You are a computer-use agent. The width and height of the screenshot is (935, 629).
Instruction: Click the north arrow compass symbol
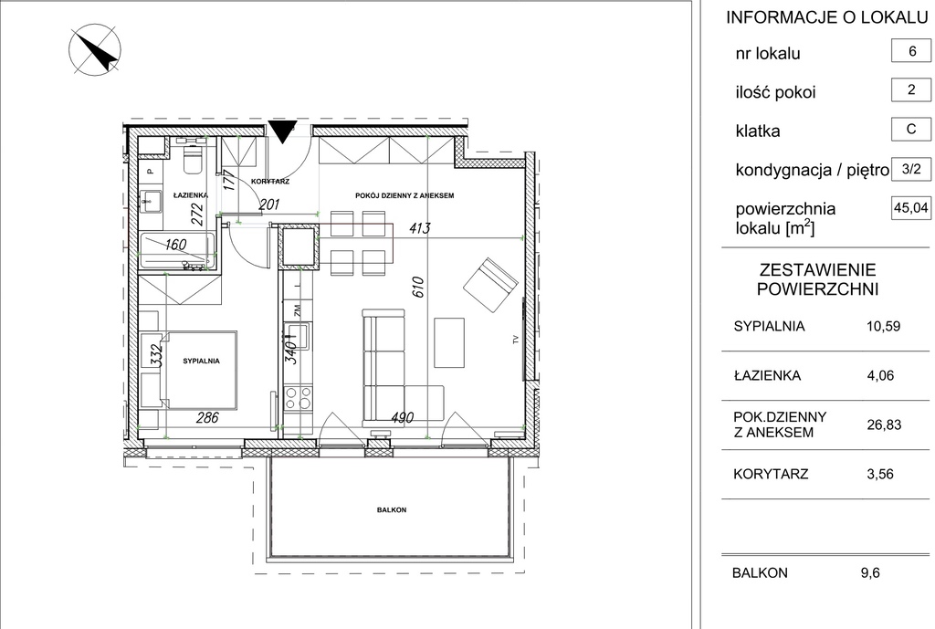(x=95, y=49)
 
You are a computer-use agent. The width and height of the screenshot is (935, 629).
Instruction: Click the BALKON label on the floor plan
(x=392, y=509)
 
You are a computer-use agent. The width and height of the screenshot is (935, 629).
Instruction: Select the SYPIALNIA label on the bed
(x=201, y=361)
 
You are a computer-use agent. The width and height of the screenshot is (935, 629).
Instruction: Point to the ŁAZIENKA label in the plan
(x=191, y=195)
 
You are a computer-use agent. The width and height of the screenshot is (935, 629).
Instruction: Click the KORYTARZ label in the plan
(x=270, y=182)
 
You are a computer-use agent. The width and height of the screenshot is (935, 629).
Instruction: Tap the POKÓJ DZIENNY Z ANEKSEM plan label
(x=404, y=195)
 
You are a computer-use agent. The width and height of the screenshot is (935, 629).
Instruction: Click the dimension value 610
(x=417, y=287)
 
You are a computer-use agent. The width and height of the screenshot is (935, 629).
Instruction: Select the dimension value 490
(x=402, y=417)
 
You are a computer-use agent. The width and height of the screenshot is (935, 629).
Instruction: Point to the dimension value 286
(x=207, y=417)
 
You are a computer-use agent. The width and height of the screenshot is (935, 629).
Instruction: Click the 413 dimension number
(x=419, y=228)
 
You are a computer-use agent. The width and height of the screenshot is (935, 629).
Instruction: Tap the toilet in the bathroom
(x=193, y=156)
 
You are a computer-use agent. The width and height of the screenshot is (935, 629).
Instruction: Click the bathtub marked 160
(x=177, y=250)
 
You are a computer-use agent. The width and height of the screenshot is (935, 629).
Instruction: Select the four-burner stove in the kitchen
(x=298, y=398)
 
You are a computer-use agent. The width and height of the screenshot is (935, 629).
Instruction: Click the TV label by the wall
(x=516, y=340)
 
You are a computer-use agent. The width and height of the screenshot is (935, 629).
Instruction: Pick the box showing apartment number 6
(x=911, y=51)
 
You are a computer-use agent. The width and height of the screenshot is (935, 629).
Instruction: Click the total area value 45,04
(x=911, y=208)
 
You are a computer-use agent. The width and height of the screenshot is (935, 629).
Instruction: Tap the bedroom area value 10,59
(x=883, y=327)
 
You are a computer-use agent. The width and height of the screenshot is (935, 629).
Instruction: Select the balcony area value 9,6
(x=870, y=573)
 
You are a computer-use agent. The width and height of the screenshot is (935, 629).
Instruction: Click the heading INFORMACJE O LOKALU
(x=826, y=17)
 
